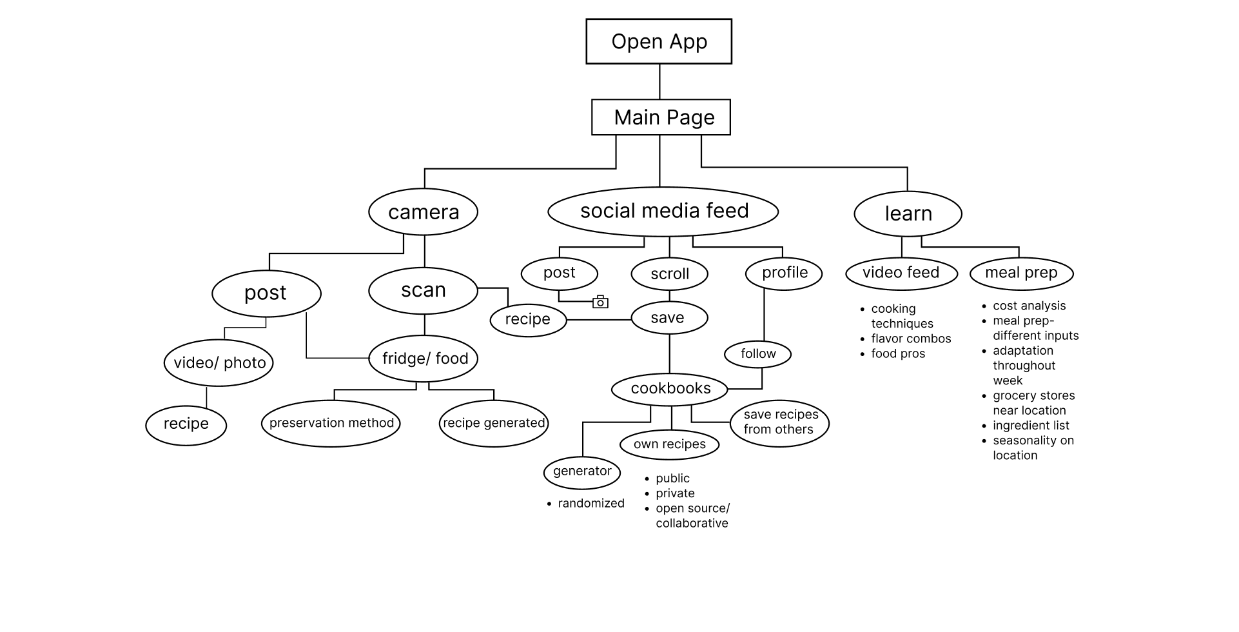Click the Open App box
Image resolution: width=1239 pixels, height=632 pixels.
[659, 41]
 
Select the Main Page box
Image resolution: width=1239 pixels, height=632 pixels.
[661, 117]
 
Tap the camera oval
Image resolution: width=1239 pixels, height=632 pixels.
[423, 212]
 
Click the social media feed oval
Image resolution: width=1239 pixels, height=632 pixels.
[663, 212]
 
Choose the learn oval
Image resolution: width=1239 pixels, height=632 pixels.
[908, 213]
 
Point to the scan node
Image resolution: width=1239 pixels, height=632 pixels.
[423, 291]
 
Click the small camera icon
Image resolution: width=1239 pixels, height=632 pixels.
[600, 302]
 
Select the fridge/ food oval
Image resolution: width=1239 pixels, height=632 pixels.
[424, 359]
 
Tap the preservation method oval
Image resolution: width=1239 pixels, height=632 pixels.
[331, 423]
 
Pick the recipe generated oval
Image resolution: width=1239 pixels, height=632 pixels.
[494, 423]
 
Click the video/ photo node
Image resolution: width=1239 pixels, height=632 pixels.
[219, 362]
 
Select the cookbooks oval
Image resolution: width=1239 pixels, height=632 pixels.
[670, 388]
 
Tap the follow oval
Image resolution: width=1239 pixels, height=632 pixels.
[758, 353]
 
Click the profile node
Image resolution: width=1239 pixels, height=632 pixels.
[784, 273]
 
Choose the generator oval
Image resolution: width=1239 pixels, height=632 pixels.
[581, 471]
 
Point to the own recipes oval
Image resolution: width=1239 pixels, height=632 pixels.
[669, 444]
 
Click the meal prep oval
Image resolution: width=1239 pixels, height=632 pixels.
[1021, 273]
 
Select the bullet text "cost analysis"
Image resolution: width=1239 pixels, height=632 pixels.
[1029, 306]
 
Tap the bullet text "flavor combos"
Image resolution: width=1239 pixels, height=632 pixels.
[911, 339]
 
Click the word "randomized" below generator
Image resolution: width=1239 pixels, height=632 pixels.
[590, 504]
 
